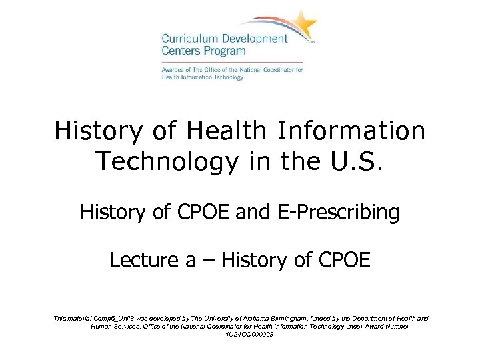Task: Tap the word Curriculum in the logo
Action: point(189,39)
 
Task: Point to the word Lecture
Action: point(139,260)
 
